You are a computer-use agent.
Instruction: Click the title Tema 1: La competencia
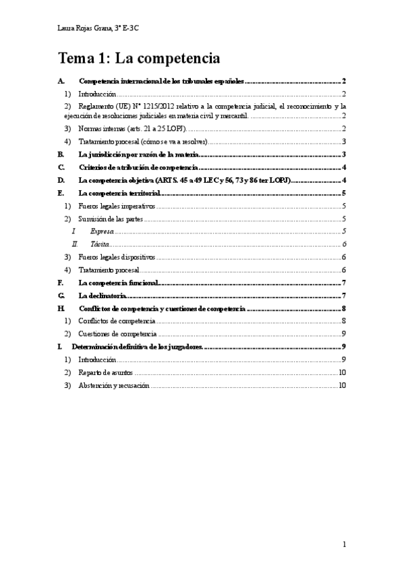click(x=139, y=59)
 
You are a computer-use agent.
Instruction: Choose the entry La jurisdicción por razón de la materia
click(x=138, y=154)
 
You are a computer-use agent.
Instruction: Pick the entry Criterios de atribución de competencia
click(x=138, y=167)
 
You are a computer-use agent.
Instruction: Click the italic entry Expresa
click(x=102, y=231)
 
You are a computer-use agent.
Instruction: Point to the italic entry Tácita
click(x=99, y=244)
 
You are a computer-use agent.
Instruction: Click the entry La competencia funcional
click(x=118, y=283)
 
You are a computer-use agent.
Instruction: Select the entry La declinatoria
click(x=103, y=295)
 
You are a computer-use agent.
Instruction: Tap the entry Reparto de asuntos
click(x=105, y=372)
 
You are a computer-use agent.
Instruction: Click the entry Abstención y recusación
click(x=114, y=385)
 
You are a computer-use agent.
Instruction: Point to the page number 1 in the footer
click(x=344, y=544)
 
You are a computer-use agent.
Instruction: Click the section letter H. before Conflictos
click(x=61, y=308)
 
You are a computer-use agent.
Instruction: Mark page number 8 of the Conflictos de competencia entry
click(x=344, y=321)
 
